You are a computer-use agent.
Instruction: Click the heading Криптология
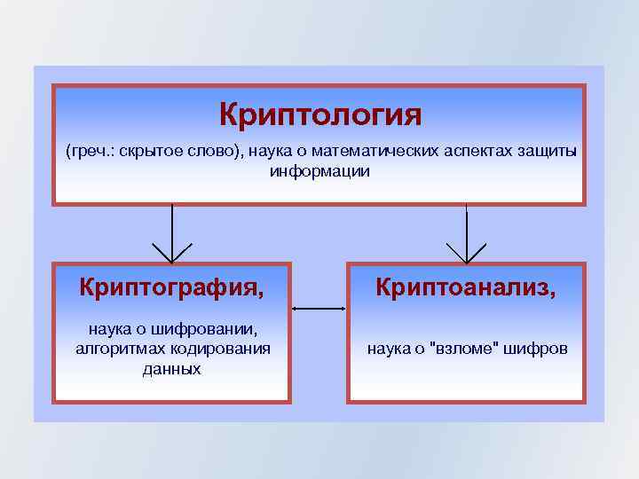coord(319,115)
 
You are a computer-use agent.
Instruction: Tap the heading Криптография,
coord(171,287)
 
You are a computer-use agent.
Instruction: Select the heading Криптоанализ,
coord(466,287)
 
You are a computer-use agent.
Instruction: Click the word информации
coord(319,170)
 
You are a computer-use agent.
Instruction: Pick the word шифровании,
coord(211,331)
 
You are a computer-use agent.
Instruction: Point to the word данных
coord(171,368)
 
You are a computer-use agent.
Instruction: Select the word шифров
coord(536,349)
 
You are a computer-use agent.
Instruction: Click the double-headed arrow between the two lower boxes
coord(319,309)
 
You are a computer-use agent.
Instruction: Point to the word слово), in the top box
coord(211,152)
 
